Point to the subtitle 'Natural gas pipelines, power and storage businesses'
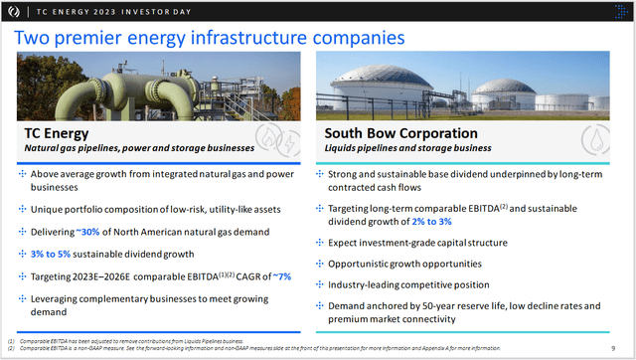click(x=139, y=149)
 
